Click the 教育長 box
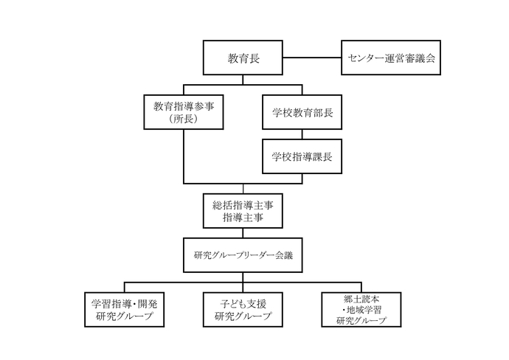243,58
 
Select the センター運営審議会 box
389,58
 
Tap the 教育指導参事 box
184,112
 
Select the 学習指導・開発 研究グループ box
124,309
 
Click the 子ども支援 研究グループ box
243,309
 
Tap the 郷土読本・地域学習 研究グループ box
363,309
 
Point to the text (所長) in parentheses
184,120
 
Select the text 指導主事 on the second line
243,218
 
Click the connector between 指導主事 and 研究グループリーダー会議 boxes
243,233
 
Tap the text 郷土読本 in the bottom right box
363,299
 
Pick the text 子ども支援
243,303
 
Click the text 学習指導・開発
124,303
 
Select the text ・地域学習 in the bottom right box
363,310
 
